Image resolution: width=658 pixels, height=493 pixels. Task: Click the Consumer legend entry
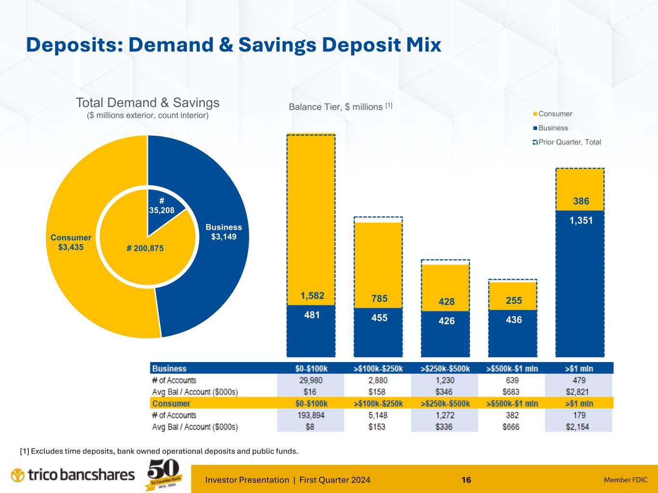[x=555, y=114]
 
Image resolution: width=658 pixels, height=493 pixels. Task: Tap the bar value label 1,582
[x=312, y=295]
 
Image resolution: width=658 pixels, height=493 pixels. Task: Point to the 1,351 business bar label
[x=580, y=220]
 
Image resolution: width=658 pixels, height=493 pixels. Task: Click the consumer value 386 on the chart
[x=581, y=201]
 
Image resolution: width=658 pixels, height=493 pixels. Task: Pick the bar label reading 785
[x=379, y=298]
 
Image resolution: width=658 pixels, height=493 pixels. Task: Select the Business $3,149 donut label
[x=224, y=232]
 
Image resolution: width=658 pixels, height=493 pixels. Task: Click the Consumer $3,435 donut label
[x=71, y=242]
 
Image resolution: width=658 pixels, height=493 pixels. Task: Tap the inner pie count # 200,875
[x=145, y=248]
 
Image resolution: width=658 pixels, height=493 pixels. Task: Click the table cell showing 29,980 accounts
[x=311, y=380]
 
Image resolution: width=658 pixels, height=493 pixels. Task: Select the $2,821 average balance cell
[x=579, y=392]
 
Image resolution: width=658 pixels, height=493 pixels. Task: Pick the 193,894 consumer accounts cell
[x=311, y=415]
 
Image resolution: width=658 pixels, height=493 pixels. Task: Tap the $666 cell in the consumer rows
[x=512, y=427]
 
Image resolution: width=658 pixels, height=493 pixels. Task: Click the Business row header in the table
[x=169, y=368]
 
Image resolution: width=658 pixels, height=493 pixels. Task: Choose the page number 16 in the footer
[x=466, y=480]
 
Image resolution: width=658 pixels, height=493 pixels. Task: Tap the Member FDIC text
[x=626, y=480]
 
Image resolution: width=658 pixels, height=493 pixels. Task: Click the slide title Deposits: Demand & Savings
[x=234, y=45]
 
